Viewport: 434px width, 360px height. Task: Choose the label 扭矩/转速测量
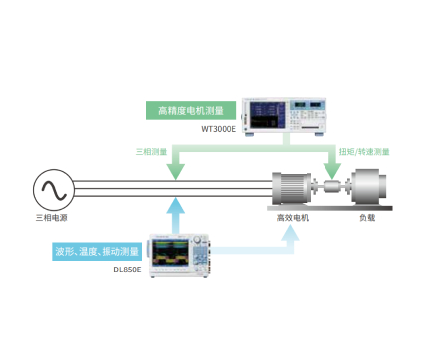(364, 152)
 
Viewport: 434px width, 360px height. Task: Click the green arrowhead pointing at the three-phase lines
(175, 171)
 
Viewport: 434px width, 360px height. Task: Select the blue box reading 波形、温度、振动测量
(97, 252)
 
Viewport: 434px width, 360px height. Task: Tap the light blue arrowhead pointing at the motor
(290, 234)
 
